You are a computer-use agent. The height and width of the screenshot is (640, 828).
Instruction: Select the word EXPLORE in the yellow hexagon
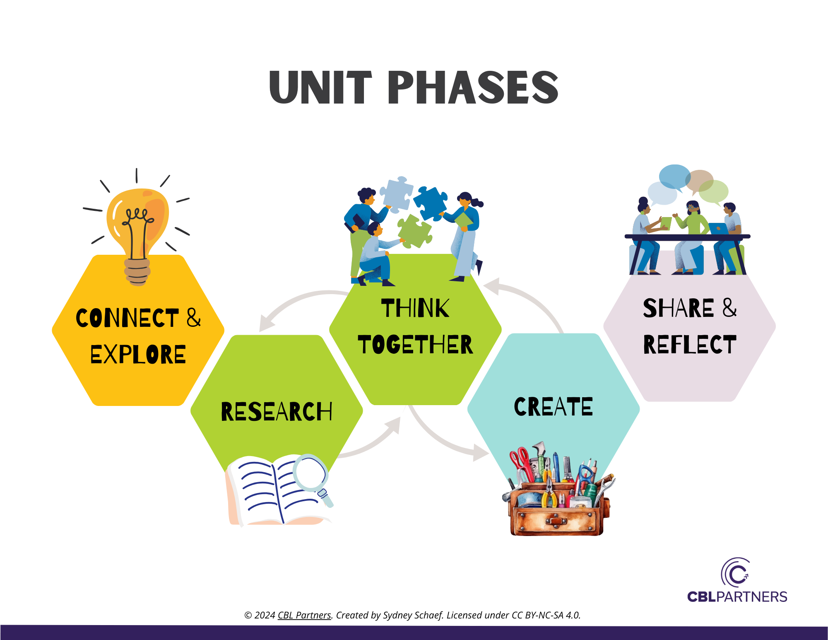138,355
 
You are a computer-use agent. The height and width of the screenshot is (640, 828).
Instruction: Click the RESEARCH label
277,411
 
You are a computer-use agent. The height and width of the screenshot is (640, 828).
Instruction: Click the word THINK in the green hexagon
415,308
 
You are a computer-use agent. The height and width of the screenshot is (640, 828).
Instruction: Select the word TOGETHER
415,345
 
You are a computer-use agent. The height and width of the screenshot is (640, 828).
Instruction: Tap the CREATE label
553,406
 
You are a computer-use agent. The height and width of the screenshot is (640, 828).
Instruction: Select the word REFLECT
690,344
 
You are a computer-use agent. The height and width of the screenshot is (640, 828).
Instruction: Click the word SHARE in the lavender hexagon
678,308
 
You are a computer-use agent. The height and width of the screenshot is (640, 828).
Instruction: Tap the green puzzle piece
414,232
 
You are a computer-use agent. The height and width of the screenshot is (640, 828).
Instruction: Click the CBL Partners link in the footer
304,615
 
